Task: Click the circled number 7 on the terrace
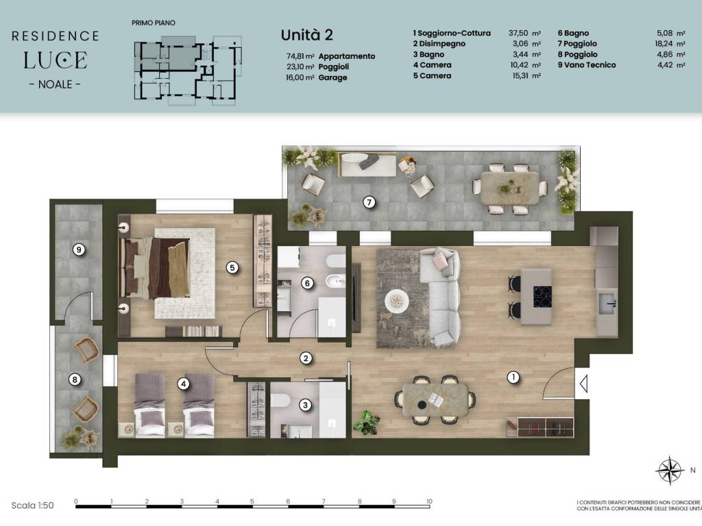pyautogui.click(x=369, y=202)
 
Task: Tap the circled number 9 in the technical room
pyautogui.click(x=79, y=249)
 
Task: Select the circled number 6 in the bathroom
pyautogui.click(x=307, y=283)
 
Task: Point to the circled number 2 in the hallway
pyautogui.click(x=306, y=358)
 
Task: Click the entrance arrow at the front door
pyautogui.click(x=583, y=384)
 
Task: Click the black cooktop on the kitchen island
pyautogui.click(x=542, y=296)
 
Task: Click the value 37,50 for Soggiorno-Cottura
pyautogui.click(x=518, y=33)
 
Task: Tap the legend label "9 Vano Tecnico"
pyautogui.click(x=587, y=65)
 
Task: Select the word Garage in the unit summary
pyautogui.click(x=332, y=77)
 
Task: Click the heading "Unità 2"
pyautogui.click(x=306, y=35)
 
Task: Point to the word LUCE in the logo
pyautogui.click(x=55, y=60)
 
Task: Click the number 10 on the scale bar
pyautogui.click(x=429, y=501)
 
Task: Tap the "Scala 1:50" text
pyautogui.click(x=32, y=505)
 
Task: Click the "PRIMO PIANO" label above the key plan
pyautogui.click(x=154, y=23)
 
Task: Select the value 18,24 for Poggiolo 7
pyautogui.click(x=664, y=43)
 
